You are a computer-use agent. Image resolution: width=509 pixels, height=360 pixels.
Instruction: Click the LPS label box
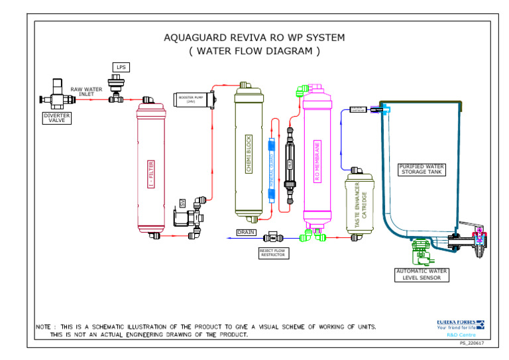click(120, 67)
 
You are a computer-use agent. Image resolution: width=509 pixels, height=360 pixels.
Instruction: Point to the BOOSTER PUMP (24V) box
click(191, 99)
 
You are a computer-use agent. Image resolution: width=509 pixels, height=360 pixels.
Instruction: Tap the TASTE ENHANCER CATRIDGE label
click(359, 206)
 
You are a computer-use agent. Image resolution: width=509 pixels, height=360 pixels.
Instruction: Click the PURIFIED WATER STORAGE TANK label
click(422, 169)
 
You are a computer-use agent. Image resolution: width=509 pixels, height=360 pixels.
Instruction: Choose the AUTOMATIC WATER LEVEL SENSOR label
click(422, 274)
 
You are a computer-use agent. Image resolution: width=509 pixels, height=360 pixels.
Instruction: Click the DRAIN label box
click(246, 233)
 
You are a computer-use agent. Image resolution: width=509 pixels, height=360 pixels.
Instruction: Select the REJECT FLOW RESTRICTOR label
click(272, 253)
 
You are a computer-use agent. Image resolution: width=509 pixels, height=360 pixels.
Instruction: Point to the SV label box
click(183, 202)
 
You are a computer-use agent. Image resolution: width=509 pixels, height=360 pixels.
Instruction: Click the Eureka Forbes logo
click(460, 325)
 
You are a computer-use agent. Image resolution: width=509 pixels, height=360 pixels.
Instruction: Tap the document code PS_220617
click(471, 343)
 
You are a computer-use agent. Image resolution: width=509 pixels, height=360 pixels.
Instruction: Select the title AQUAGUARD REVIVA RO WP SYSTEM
click(254, 38)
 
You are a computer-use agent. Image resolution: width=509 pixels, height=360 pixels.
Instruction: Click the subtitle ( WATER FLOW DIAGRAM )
click(254, 51)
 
